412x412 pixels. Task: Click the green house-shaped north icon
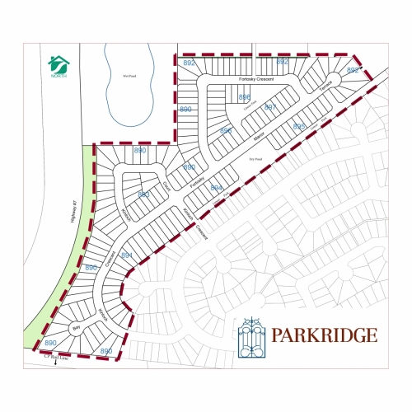58,63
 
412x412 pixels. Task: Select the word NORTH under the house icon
58,75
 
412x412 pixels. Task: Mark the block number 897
269,108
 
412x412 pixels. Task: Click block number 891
127,255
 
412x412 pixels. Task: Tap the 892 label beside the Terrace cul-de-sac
352,71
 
